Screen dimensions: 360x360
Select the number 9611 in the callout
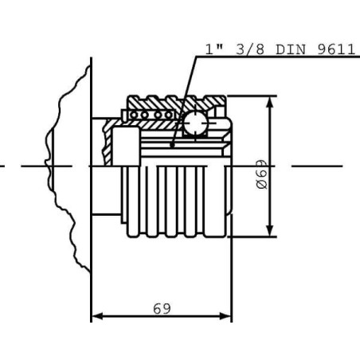(x=336, y=49)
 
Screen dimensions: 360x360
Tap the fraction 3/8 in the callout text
(x=250, y=49)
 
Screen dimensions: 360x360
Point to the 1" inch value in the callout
(x=213, y=49)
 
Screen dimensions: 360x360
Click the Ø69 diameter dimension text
(x=262, y=174)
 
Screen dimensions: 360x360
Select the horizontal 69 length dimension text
(x=162, y=308)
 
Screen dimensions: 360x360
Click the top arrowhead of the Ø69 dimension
(x=270, y=103)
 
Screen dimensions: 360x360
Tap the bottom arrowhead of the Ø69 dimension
(x=270, y=230)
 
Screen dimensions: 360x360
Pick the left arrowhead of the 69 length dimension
(x=97, y=316)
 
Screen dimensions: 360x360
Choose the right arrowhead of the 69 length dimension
(x=225, y=316)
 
